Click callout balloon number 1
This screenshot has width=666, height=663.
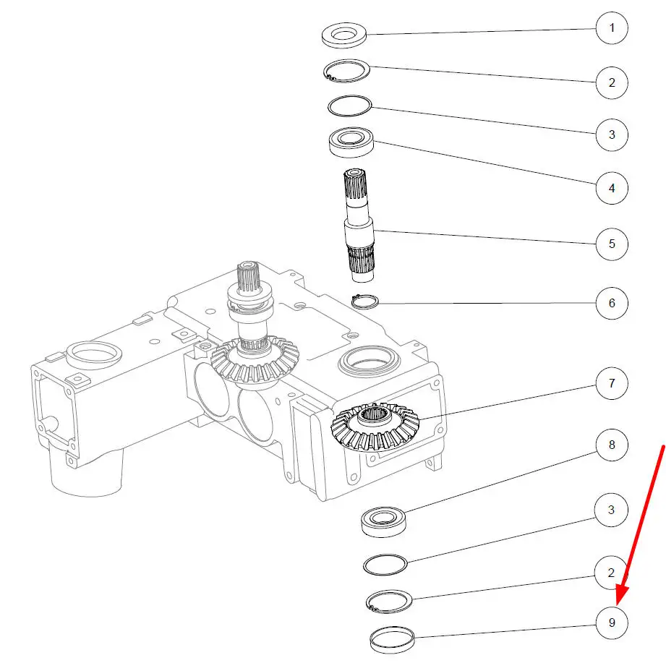[x=612, y=28]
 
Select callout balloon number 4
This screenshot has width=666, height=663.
[x=612, y=188]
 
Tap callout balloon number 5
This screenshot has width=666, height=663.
[x=612, y=244]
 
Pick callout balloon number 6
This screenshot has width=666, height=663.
[x=612, y=303]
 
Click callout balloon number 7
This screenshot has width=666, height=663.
[x=612, y=383]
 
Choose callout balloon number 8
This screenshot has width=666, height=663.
[x=612, y=445]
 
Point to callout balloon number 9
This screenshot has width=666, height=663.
[x=612, y=623]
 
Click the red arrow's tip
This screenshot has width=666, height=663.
[x=618, y=605]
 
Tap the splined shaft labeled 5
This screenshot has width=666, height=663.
[x=359, y=225]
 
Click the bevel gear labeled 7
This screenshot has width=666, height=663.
[x=375, y=427]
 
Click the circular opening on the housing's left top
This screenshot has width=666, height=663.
[x=94, y=352]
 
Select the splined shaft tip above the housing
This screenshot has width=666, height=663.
[x=248, y=276]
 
